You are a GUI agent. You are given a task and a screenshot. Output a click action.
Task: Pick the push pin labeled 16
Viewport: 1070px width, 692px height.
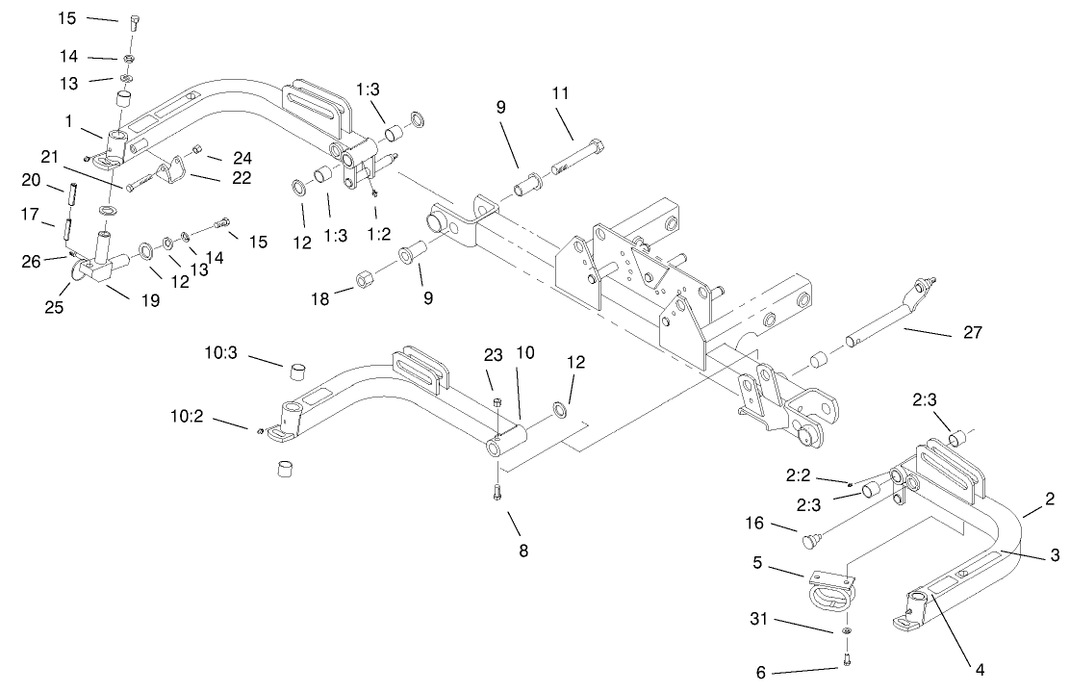[813, 541]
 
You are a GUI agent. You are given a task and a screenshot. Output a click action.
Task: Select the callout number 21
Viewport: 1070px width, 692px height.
[50, 156]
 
